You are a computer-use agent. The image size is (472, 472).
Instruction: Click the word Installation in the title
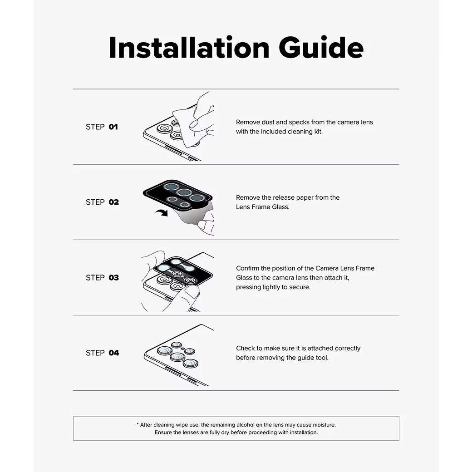pos(189,47)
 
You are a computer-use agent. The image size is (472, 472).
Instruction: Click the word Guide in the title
pos(321,47)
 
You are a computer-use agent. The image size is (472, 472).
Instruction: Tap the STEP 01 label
pos(102,127)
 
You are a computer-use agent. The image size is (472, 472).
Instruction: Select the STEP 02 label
pos(103,202)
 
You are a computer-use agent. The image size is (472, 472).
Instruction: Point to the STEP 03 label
pos(103,278)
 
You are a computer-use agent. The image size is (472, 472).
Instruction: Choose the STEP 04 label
pos(103,353)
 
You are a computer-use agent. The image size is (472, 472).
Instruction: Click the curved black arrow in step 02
pos(162,213)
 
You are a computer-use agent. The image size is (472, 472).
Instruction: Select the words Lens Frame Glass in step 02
pos(262,207)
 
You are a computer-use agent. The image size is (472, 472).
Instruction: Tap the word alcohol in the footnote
pos(246,425)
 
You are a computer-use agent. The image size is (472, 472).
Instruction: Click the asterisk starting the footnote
pos(138,424)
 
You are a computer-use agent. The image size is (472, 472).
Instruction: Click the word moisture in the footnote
pos(324,425)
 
